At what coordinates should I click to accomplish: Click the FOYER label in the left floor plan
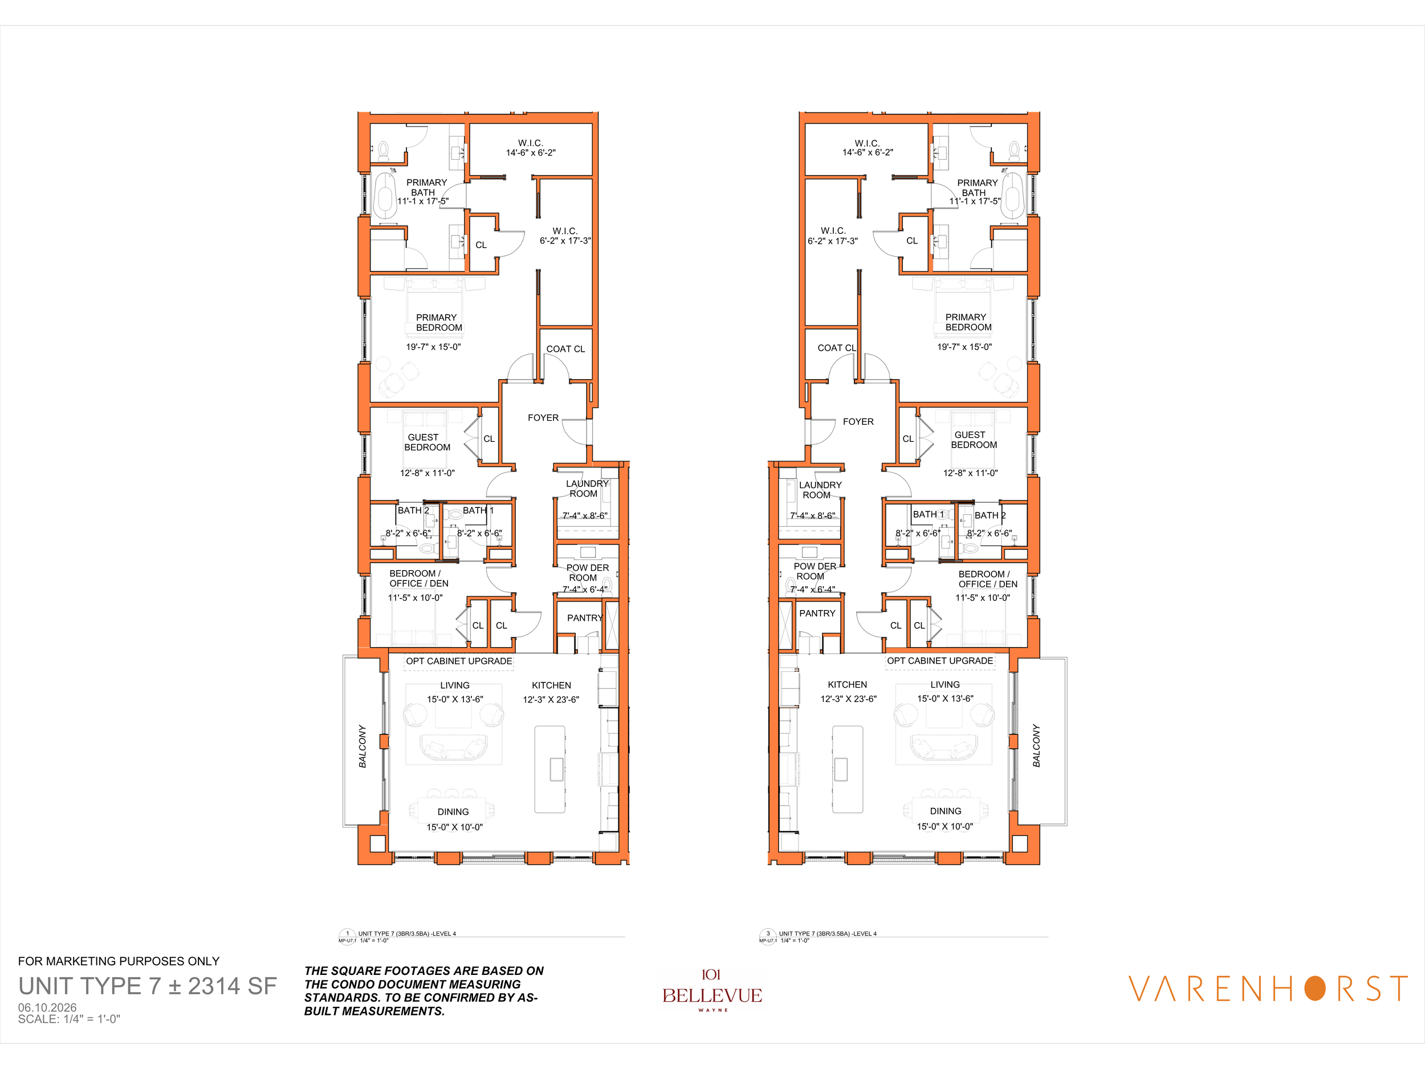point(543,418)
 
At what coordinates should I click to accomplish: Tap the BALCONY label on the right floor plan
point(1036,746)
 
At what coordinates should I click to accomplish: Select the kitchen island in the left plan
point(550,769)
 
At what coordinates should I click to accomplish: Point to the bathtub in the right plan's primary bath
point(1013,194)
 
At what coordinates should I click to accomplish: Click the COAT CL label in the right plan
point(837,348)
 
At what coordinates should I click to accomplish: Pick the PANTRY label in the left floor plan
point(585,618)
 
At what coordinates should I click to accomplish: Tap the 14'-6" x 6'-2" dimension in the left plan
point(531,153)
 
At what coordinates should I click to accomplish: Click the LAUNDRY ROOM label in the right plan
point(820,490)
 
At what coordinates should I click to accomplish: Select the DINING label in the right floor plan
point(945,811)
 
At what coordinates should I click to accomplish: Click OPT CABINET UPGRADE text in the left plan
point(459,661)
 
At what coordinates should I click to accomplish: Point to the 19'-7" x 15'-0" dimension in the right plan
point(964,347)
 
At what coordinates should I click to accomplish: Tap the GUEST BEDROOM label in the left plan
point(427,442)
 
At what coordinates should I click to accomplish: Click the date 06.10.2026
point(47,1007)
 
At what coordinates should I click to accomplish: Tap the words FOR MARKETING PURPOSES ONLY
point(119,961)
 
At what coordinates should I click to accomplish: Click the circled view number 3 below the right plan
point(768,934)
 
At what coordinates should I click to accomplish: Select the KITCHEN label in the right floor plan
point(847,684)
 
